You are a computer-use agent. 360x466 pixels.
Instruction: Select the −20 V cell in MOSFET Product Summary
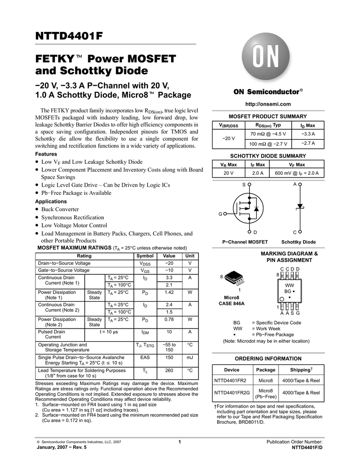click(228, 138)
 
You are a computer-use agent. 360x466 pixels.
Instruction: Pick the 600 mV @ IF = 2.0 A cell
click(297, 173)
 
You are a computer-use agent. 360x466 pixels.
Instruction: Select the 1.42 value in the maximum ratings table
click(169, 292)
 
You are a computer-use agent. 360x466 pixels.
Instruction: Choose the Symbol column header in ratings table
click(145, 256)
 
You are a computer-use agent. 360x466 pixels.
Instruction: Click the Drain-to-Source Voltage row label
click(64, 263)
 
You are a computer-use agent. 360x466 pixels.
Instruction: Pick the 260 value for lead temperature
click(169, 371)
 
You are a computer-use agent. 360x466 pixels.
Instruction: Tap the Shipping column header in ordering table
click(301, 370)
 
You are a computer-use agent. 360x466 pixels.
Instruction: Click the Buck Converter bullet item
click(60, 209)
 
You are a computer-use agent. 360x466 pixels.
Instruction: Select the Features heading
click(46, 154)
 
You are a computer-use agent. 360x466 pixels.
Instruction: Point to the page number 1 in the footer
click(180, 442)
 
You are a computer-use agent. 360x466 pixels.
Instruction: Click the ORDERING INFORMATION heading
click(268, 359)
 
